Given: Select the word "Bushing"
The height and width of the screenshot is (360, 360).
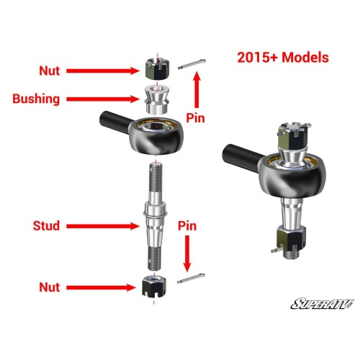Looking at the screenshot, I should tap(36, 99).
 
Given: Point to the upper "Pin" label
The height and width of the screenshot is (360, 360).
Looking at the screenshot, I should tap(197, 114).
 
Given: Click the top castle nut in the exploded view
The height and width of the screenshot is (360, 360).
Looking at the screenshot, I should tap(157, 69).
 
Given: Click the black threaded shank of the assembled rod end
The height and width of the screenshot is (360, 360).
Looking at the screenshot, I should tap(241, 153).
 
